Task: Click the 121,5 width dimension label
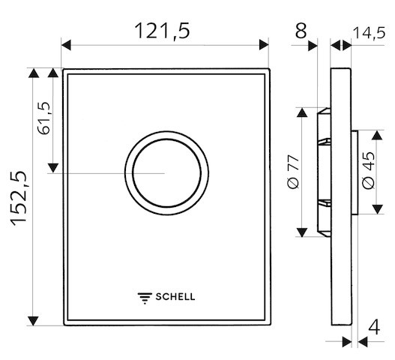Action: point(162,31)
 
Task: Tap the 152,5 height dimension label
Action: point(19,199)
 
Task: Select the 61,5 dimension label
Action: point(43,118)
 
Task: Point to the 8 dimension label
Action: point(301,31)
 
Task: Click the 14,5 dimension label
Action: point(369,33)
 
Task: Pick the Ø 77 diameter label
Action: point(294,172)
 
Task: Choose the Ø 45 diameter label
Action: point(369,170)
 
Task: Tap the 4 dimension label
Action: point(374,327)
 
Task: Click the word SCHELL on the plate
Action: point(175,297)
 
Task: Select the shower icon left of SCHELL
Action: point(145,298)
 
